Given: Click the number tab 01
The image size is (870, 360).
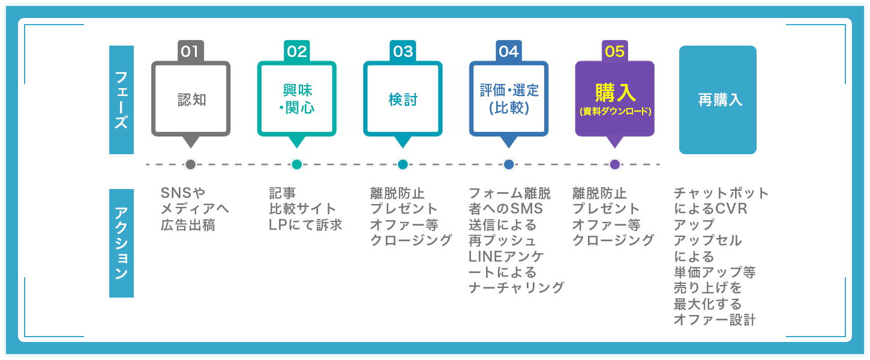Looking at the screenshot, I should click(190, 52).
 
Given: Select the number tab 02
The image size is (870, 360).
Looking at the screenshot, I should click(296, 52).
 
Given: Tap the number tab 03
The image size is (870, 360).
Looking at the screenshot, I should click(403, 52).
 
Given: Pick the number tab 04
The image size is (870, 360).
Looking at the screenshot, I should click(508, 52).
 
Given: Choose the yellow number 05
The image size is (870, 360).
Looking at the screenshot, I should click(614, 52).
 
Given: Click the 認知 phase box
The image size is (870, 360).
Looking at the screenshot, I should click(191, 99).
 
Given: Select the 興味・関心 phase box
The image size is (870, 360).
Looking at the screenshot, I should click(296, 99).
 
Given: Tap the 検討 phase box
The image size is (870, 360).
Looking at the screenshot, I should click(403, 99).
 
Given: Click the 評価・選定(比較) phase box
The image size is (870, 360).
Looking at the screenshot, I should click(509, 99).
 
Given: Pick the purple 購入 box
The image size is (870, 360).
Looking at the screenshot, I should click(614, 99).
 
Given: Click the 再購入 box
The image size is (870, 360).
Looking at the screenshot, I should click(718, 100).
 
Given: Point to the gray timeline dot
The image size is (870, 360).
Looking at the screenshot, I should click(191, 164).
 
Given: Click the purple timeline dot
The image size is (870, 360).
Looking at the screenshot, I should click(614, 164).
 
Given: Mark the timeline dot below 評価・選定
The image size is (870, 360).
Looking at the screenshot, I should click(509, 164).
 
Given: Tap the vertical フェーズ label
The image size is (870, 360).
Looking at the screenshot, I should click(121, 100).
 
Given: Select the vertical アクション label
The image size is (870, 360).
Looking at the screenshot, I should click(121, 243).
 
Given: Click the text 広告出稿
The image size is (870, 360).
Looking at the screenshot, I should click(187, 226).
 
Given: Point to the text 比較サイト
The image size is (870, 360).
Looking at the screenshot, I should click(302, 209).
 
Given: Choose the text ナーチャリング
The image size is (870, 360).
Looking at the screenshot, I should click(516, 288).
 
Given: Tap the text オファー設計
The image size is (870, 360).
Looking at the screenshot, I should click(714, 320).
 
